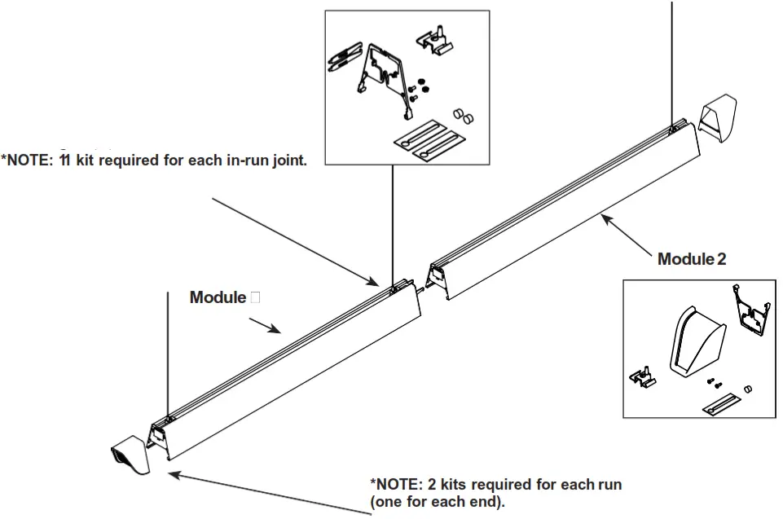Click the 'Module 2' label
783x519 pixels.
coord(691,259)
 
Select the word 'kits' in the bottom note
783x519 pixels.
coord(446,485)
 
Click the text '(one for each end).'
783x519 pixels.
coord(437,502)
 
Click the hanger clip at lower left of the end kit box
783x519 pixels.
coord(645,376)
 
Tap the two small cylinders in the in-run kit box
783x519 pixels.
coord(464,115)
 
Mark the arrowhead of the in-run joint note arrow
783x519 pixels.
coord(376,283)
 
